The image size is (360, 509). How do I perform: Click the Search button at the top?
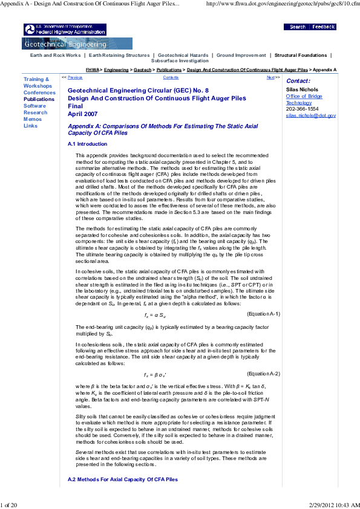(x=297, y=27)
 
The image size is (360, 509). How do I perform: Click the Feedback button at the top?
(x=324, y=27)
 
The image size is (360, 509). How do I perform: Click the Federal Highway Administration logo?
(x=54, y=30)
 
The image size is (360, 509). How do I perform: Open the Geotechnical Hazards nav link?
(x=182, y=55)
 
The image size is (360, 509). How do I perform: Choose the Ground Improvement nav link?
(x=241, y=55)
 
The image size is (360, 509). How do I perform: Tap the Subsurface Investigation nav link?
(x=180, y=61)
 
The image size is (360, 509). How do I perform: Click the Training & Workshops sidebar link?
(x=36, y=83)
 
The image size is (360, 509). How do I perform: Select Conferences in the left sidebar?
(x=39, y=92)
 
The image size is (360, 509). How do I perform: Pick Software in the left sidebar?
(x=34, y=106)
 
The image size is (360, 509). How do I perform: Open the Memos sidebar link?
(x=33, y=119)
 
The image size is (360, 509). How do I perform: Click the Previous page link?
(x=75, y=77)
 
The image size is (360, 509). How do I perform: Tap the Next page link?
(x=270, y=77)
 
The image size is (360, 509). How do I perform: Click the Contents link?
(x=171, y=77)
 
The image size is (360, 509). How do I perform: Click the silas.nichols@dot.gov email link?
(x=310, y=115)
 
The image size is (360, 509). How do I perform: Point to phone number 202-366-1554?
(x=302, y=109)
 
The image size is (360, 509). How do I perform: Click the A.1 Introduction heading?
(x=87, y=144)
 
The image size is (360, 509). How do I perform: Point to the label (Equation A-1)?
(x=263, y=314)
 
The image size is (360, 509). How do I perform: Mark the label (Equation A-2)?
(x=263, y=374)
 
